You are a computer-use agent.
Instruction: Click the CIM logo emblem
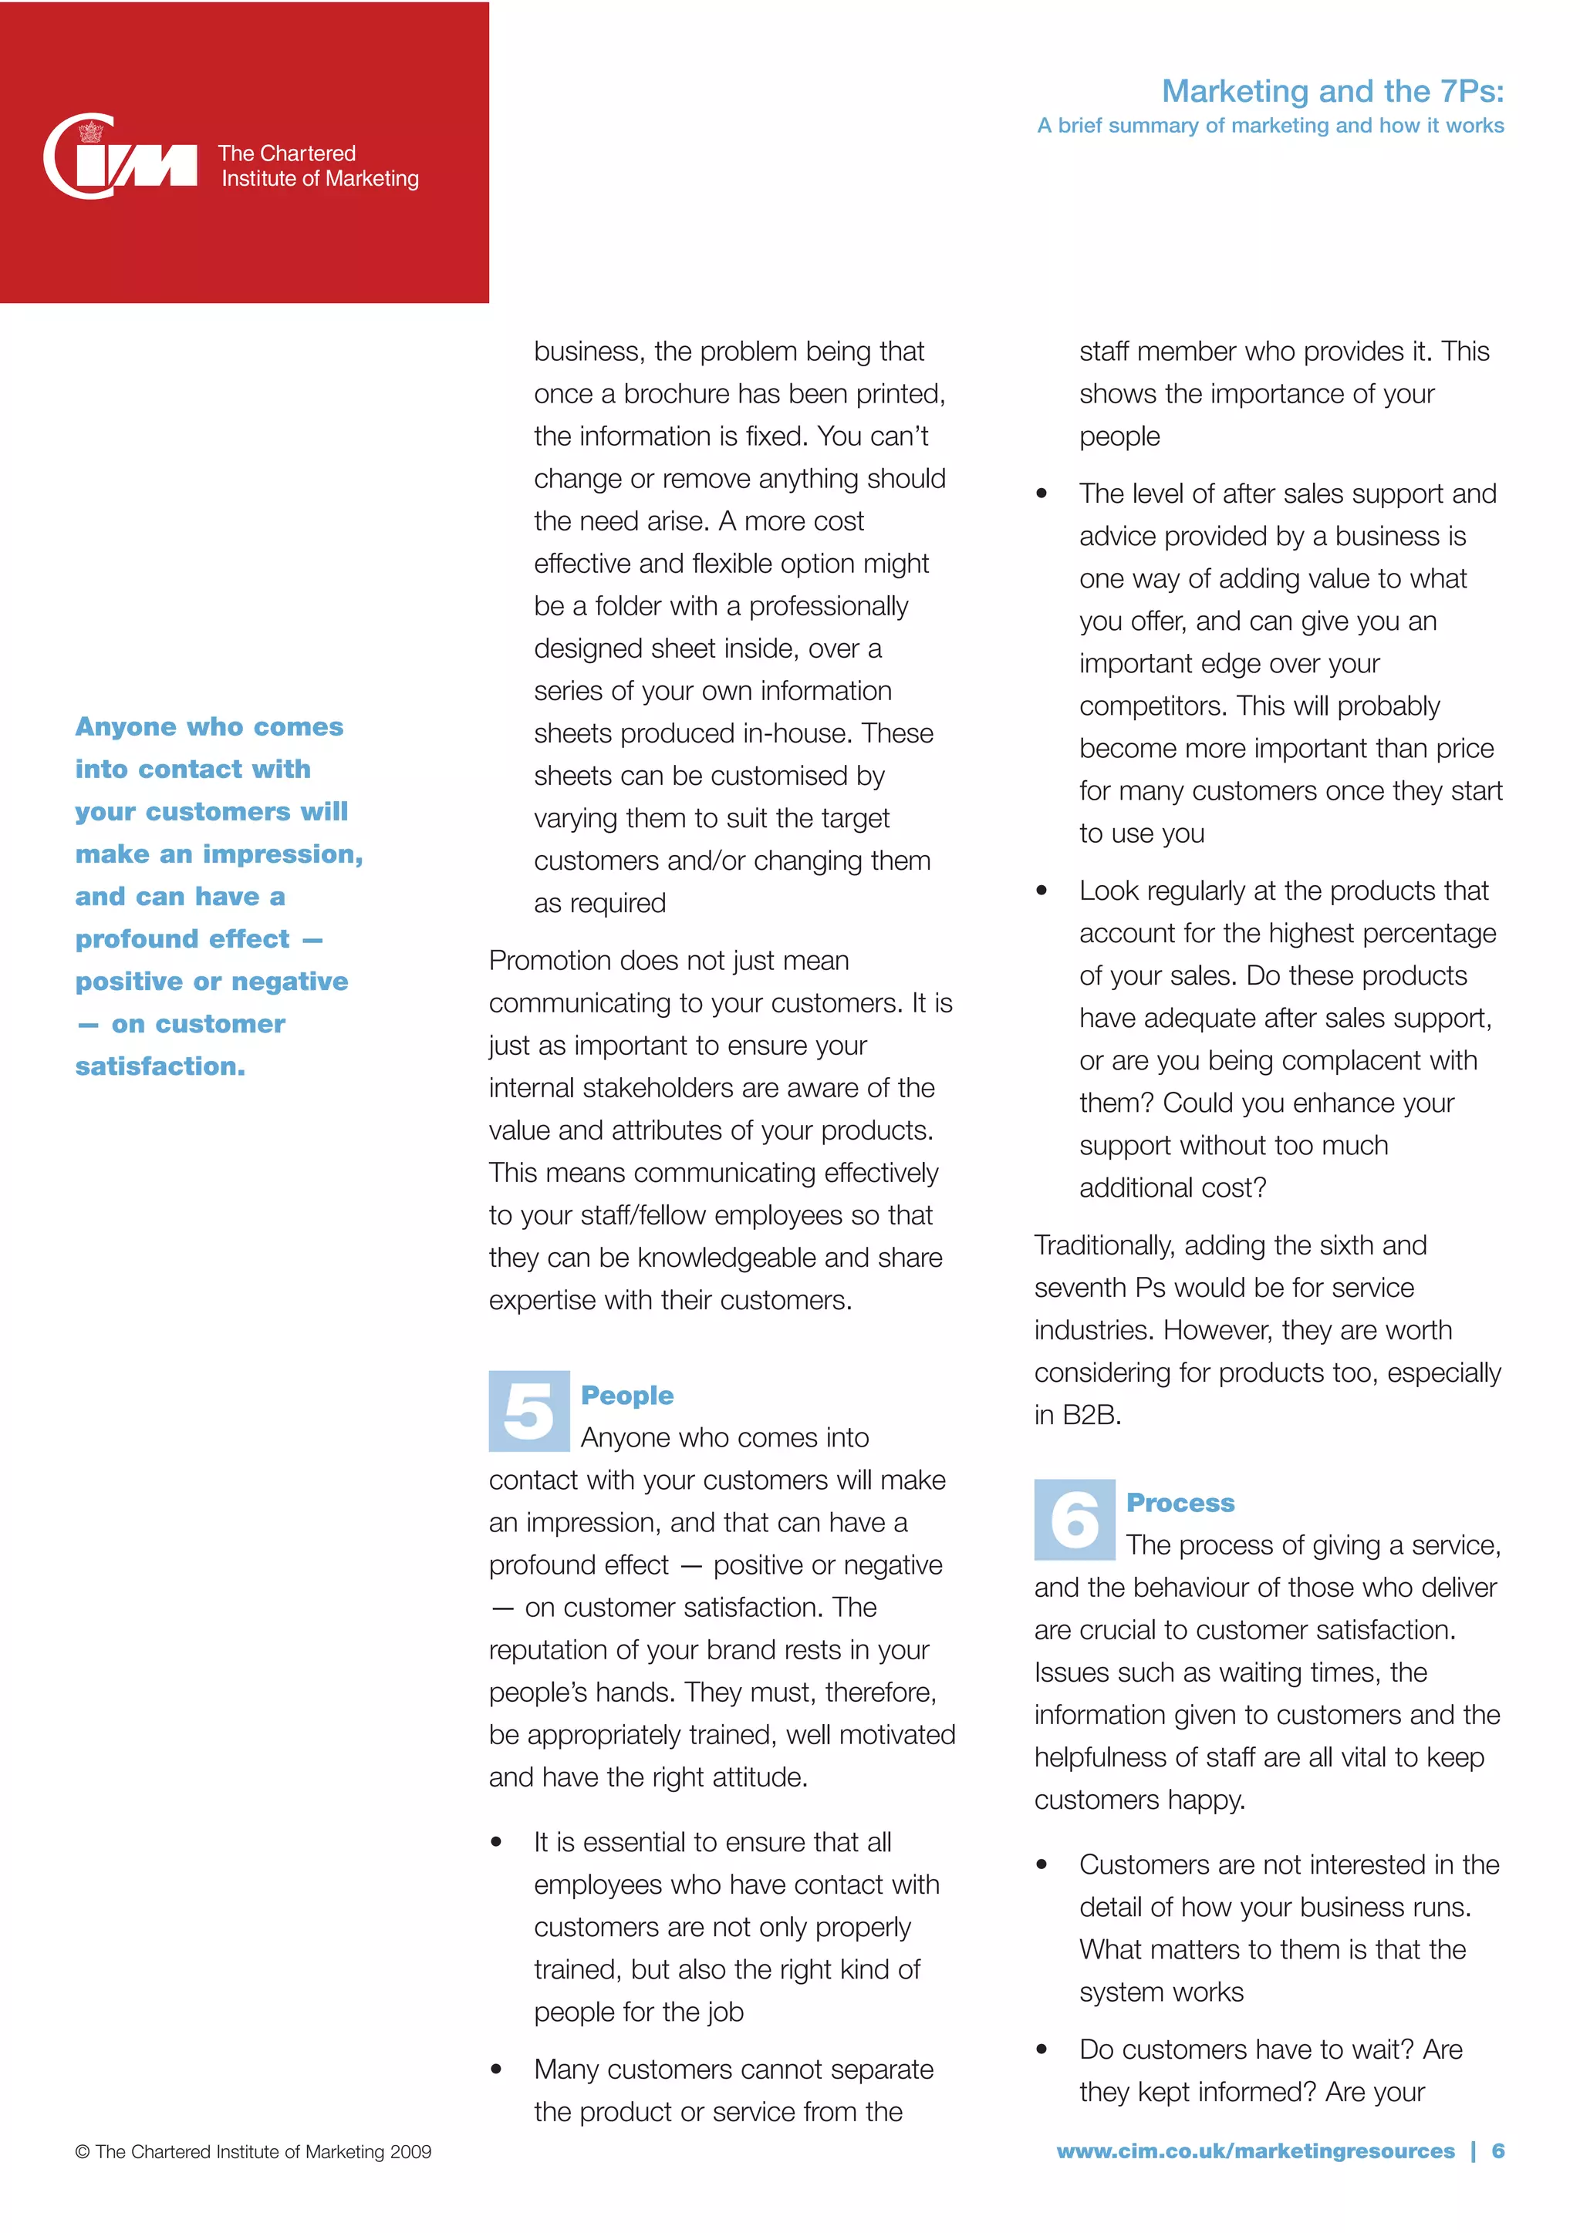[x=119, y=157]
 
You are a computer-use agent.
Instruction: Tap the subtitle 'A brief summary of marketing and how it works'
[x=1270, y=126]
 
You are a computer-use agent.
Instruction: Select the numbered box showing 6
[x=1073, y=1519]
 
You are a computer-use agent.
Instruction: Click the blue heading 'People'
[x=626, y=1395]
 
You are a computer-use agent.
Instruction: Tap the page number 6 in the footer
[x=1497, y=2150]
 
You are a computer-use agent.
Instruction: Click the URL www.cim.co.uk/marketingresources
[x=1255, y=2150]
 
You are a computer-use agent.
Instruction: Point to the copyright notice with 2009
[x=253, y=2151]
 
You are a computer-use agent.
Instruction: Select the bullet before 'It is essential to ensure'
[x=496, y=1842]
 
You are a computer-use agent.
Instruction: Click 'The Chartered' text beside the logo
[x=287, y=153]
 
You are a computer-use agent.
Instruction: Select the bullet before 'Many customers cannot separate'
[x=496, y=2070]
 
